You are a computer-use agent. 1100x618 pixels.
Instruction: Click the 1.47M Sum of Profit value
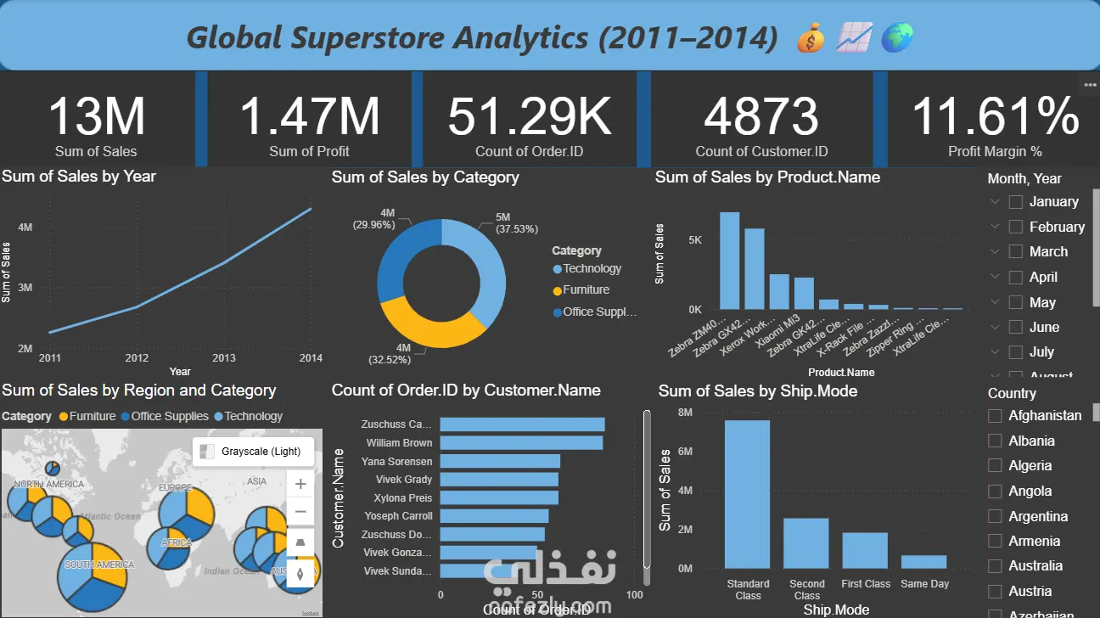[309, 116]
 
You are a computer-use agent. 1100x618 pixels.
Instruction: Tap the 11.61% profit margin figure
[995, 116]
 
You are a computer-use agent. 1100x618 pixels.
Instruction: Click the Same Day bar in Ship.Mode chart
[924, 561]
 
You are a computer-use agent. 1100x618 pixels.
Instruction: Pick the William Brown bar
[521, 442]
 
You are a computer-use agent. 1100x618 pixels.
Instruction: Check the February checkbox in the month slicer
[1015, 227]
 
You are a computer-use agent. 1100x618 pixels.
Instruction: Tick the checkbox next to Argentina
[995, 516]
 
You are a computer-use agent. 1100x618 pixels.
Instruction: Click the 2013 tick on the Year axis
[224, 358]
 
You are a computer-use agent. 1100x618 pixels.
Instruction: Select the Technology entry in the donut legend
[592, 268]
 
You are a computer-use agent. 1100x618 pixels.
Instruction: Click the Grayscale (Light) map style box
[253, 452]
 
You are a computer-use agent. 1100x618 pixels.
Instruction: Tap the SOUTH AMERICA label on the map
[99, 565]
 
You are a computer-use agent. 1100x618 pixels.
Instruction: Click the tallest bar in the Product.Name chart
[729, 261]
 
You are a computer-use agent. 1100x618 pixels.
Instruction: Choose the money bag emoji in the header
[811, 38]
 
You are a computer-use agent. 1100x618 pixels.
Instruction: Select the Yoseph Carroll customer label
[398, 515]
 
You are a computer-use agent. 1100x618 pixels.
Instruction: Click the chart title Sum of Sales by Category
[425, 177]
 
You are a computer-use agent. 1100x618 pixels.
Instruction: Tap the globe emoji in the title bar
[896, 37]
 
